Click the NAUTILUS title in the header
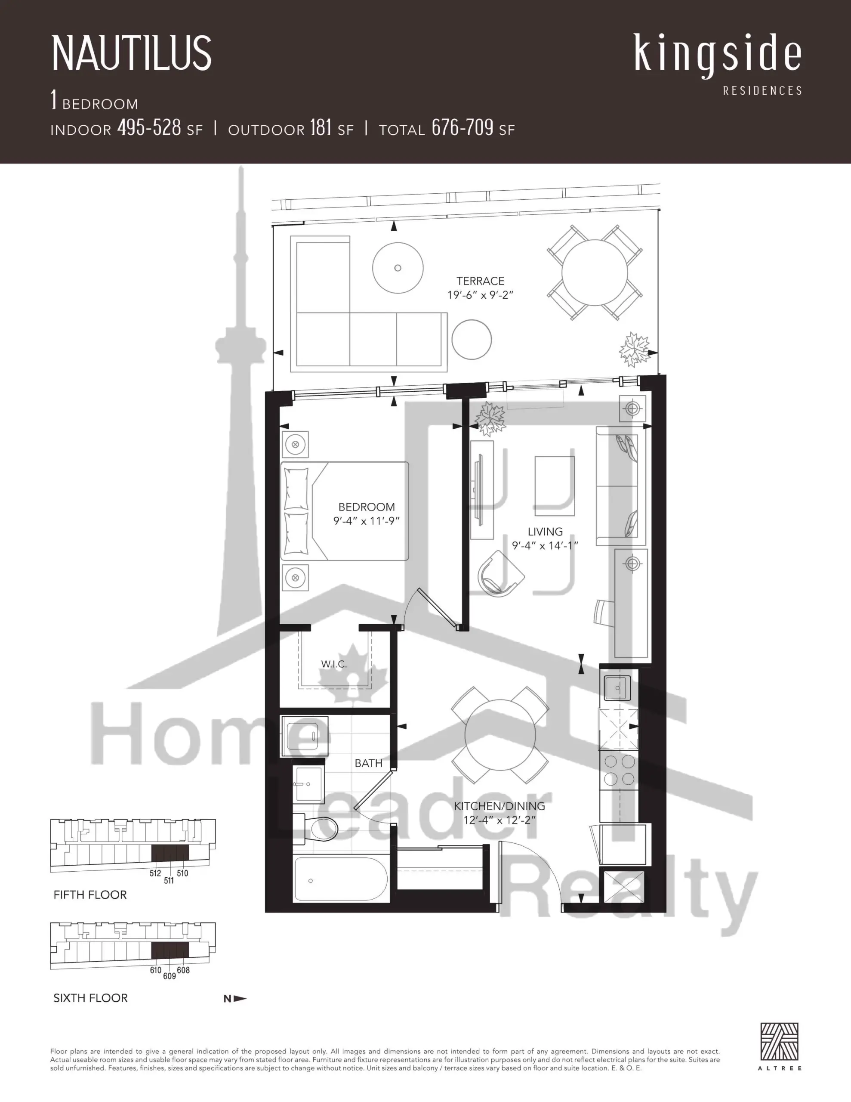coord(132,53)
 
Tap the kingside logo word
coord(718,55)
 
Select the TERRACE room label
coord(480,281)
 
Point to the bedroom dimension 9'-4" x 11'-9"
coord(366,521)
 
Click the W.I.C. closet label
coord(334,664)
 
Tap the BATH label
coord(368,763)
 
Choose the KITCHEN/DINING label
coord(499,806)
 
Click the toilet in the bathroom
coord(315,829)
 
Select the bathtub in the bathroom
coord(341,880)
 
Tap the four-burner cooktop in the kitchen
coord(619,770)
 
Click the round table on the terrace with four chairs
coord(595,272)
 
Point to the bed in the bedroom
coord(345,511)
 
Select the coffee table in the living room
coord(555,486)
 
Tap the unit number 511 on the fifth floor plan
coord(169,880)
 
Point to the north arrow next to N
coord(240,998)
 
